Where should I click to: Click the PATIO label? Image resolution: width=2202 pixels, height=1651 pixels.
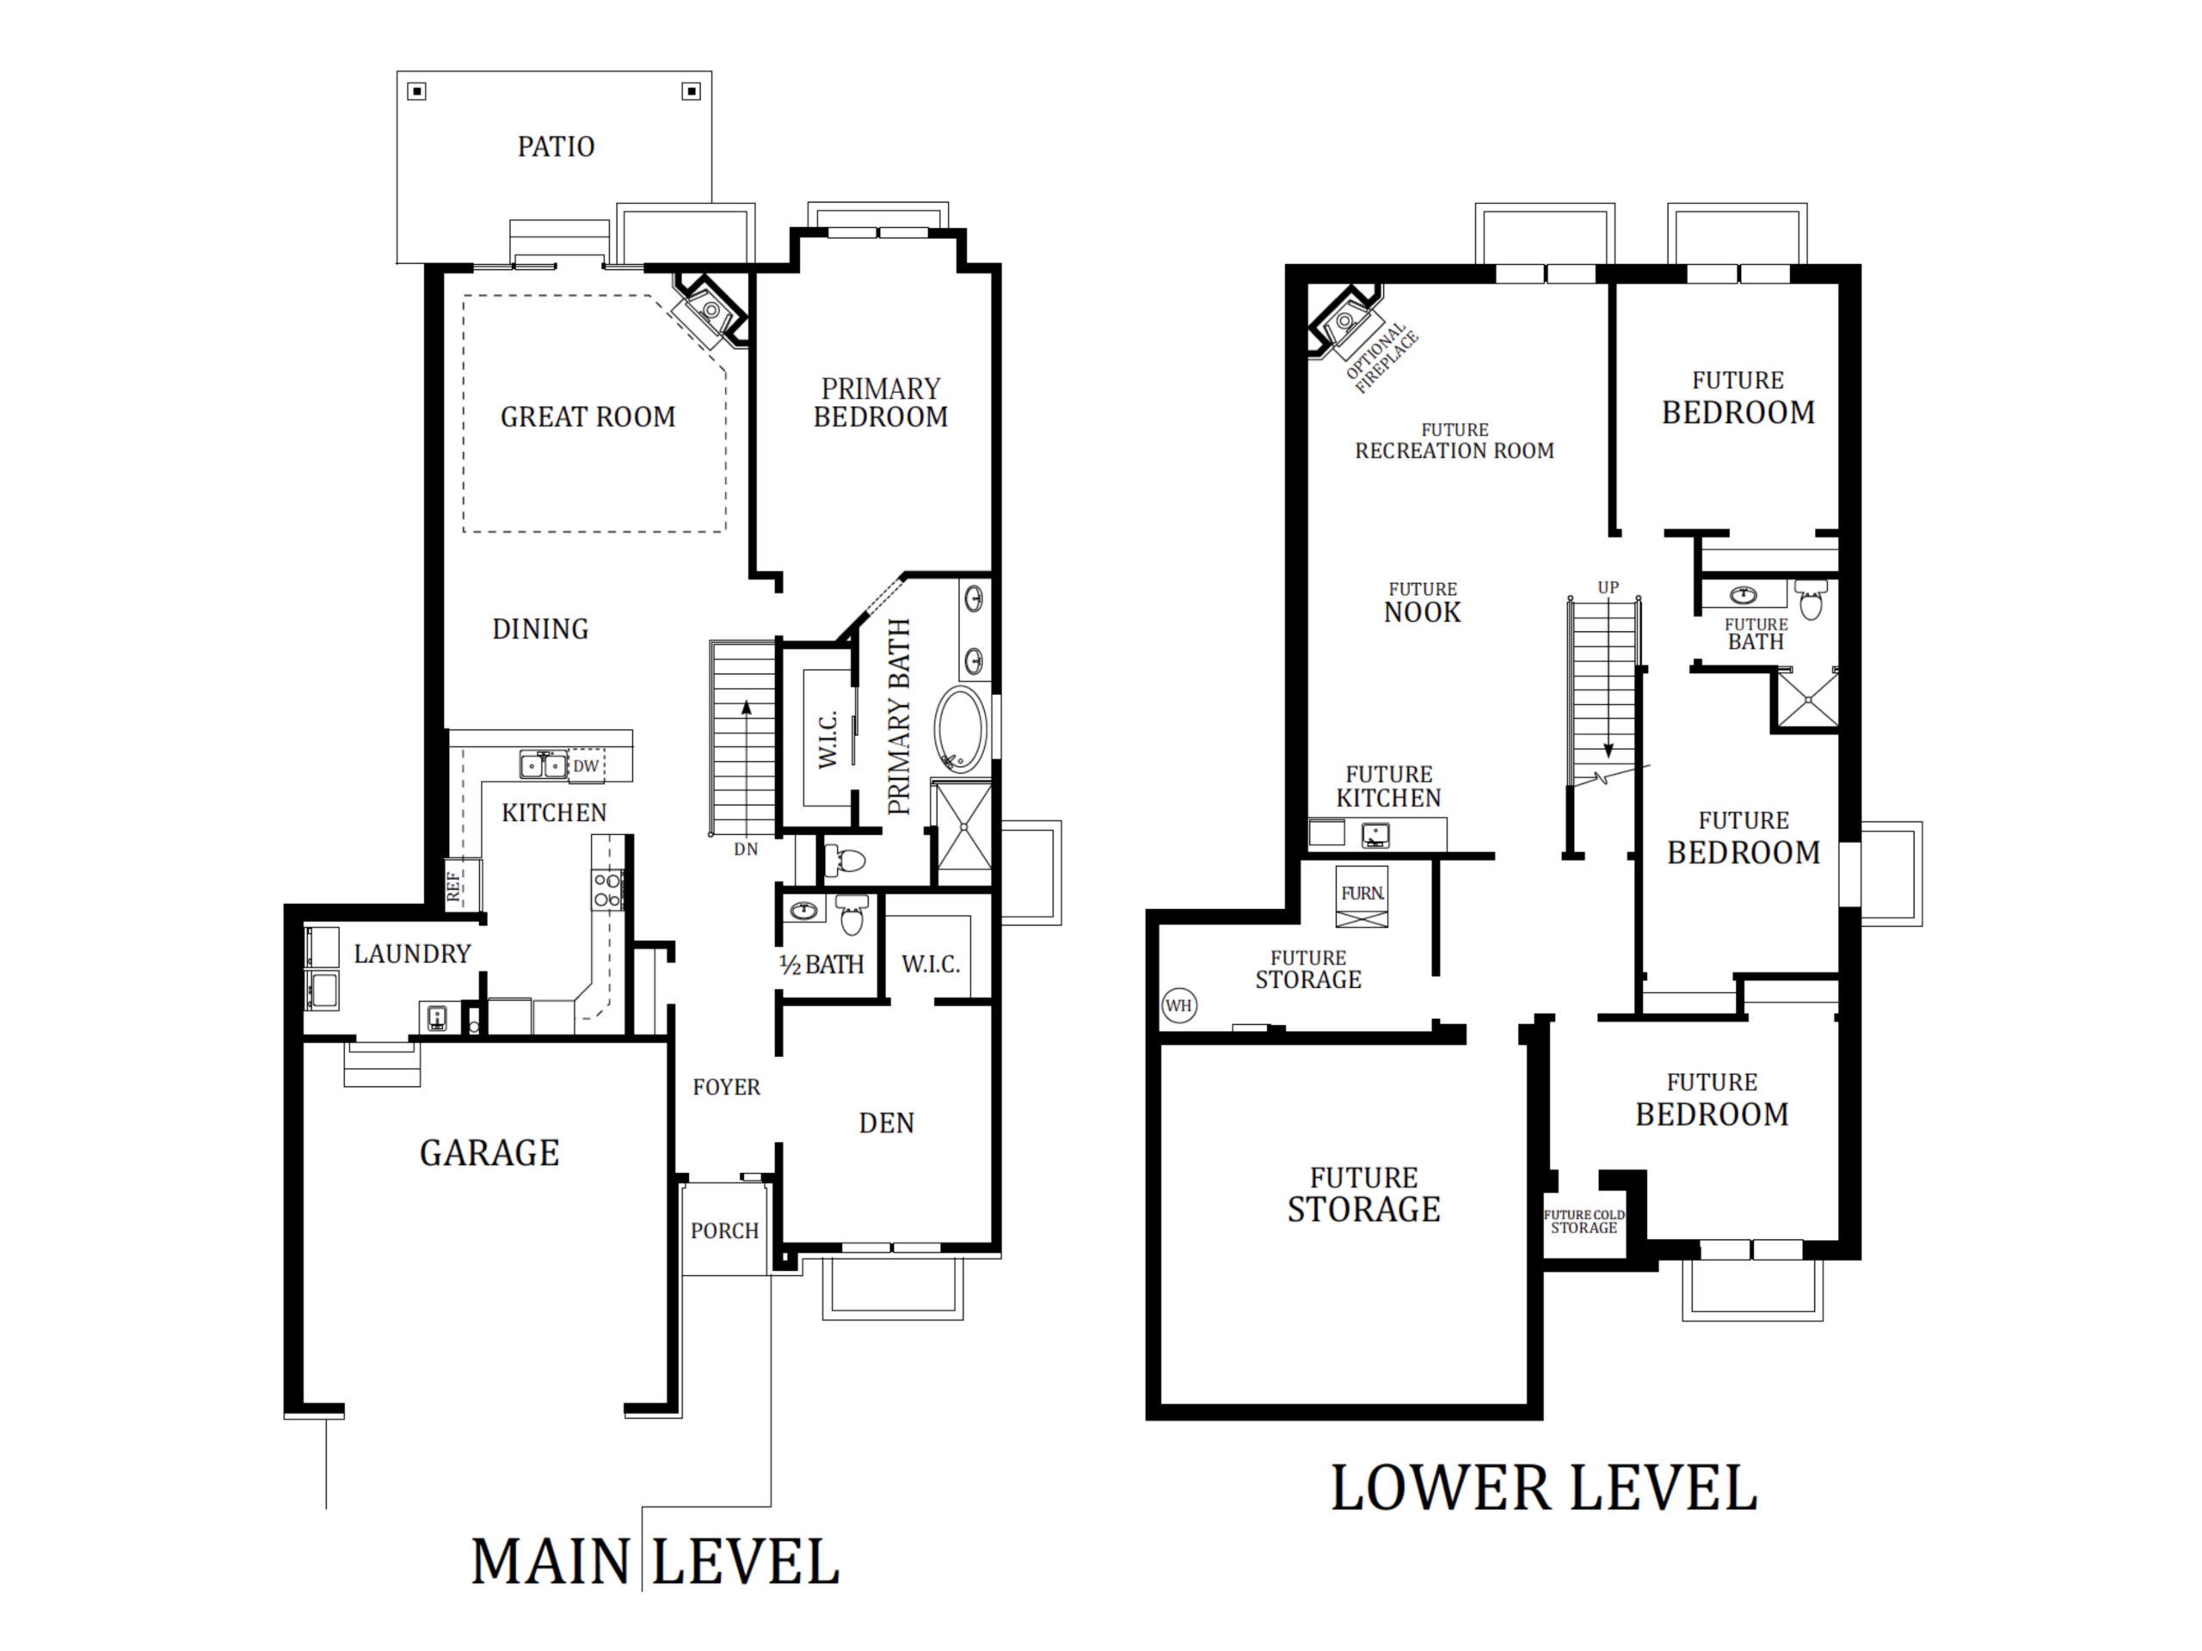click(556, 147)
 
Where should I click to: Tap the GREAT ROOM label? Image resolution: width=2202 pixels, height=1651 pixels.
click(587, 417)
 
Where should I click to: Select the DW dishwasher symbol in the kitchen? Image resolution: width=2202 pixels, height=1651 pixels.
click(587, 765)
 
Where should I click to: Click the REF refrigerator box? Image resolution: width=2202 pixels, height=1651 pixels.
click(462, 885)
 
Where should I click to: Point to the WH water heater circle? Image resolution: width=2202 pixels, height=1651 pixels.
click(1178, 1005)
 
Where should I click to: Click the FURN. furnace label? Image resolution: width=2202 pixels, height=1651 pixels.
click(1362, 893)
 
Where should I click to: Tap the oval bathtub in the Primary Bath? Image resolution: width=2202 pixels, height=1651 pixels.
click(961, 728)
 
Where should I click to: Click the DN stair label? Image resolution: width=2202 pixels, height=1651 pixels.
click(746, 849)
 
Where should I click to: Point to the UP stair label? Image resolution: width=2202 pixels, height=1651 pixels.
click(1608, 587)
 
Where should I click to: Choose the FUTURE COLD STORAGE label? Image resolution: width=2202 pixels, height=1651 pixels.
click(1584, 1221)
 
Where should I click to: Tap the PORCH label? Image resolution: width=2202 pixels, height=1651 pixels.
click(725, 1231)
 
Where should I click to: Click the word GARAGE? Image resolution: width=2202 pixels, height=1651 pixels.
click(489, 1152)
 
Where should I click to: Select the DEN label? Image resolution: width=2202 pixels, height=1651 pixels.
click(886, 1124)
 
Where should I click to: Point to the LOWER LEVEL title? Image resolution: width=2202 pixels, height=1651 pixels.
click(1544, 1488)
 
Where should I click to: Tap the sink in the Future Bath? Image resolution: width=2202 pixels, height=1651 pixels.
click(1743, 595)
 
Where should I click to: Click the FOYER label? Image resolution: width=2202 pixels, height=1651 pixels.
click(727, 1088)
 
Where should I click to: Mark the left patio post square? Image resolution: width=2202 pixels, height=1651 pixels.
click(417, 91)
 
